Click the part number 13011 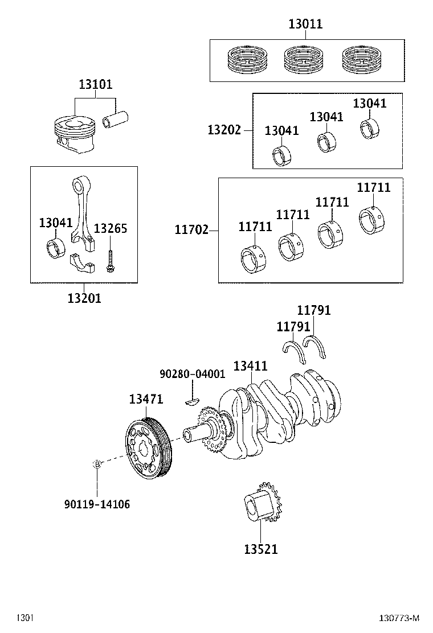point(305,24)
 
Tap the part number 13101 point(95,84)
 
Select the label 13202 point(224,130)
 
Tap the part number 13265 point(110,229)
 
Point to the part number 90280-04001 point(192,374)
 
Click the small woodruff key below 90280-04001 point(193,401)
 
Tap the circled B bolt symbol point(97,464)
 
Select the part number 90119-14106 point(97,504)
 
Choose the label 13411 point(250,366)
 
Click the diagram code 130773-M point(399,618)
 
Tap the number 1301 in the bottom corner point(24,618)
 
